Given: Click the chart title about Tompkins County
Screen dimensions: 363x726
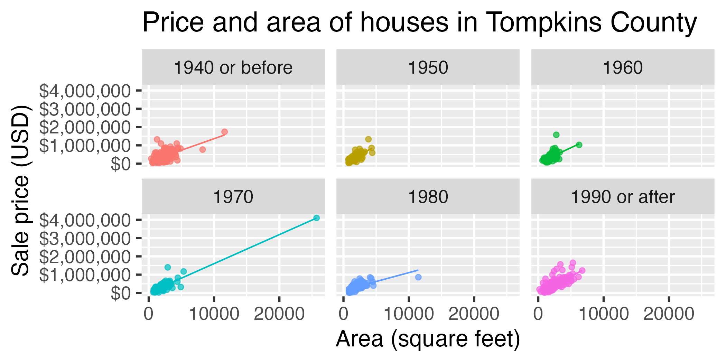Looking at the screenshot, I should click(x=419, y=23).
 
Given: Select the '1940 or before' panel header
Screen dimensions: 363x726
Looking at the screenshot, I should click(x=233, y=67).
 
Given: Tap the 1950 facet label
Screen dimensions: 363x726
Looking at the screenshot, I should click(x=428, y=67).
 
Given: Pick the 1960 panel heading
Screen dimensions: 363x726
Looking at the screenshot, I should click(x=623, y=67).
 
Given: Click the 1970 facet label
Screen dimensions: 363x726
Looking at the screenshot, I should click(x=233, y=197).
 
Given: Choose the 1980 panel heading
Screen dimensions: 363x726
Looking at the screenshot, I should click(x=428, y=197).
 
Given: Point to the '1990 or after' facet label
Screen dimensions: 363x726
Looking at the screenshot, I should click(x=623, y=197).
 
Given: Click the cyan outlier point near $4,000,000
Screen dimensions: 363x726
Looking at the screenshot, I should click(x=316, y=218).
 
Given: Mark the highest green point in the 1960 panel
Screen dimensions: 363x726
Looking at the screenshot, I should click(x=556, y=135).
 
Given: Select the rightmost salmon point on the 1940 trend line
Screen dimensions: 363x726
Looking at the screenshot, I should click(x=225, y=132).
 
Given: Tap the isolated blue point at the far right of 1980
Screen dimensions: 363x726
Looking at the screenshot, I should click(x=418, y=277).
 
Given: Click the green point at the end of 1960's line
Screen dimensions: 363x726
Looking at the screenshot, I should click(x=579, y=145).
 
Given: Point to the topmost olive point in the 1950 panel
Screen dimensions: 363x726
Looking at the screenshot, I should click(x=369, y=139).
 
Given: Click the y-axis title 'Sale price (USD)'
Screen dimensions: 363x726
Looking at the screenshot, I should click(x=20, y=190).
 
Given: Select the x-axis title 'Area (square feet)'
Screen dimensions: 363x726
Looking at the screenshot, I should click(x=428, y=339).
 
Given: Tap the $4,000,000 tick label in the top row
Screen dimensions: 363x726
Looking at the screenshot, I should click(x=85, y=91).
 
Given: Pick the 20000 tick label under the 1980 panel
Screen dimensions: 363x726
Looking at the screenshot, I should click(x=474, y=314).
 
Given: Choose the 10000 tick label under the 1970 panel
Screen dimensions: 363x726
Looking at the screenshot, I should click(x=214, y=314).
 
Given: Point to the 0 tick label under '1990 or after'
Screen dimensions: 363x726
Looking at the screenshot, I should click(x=538, y=314).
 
